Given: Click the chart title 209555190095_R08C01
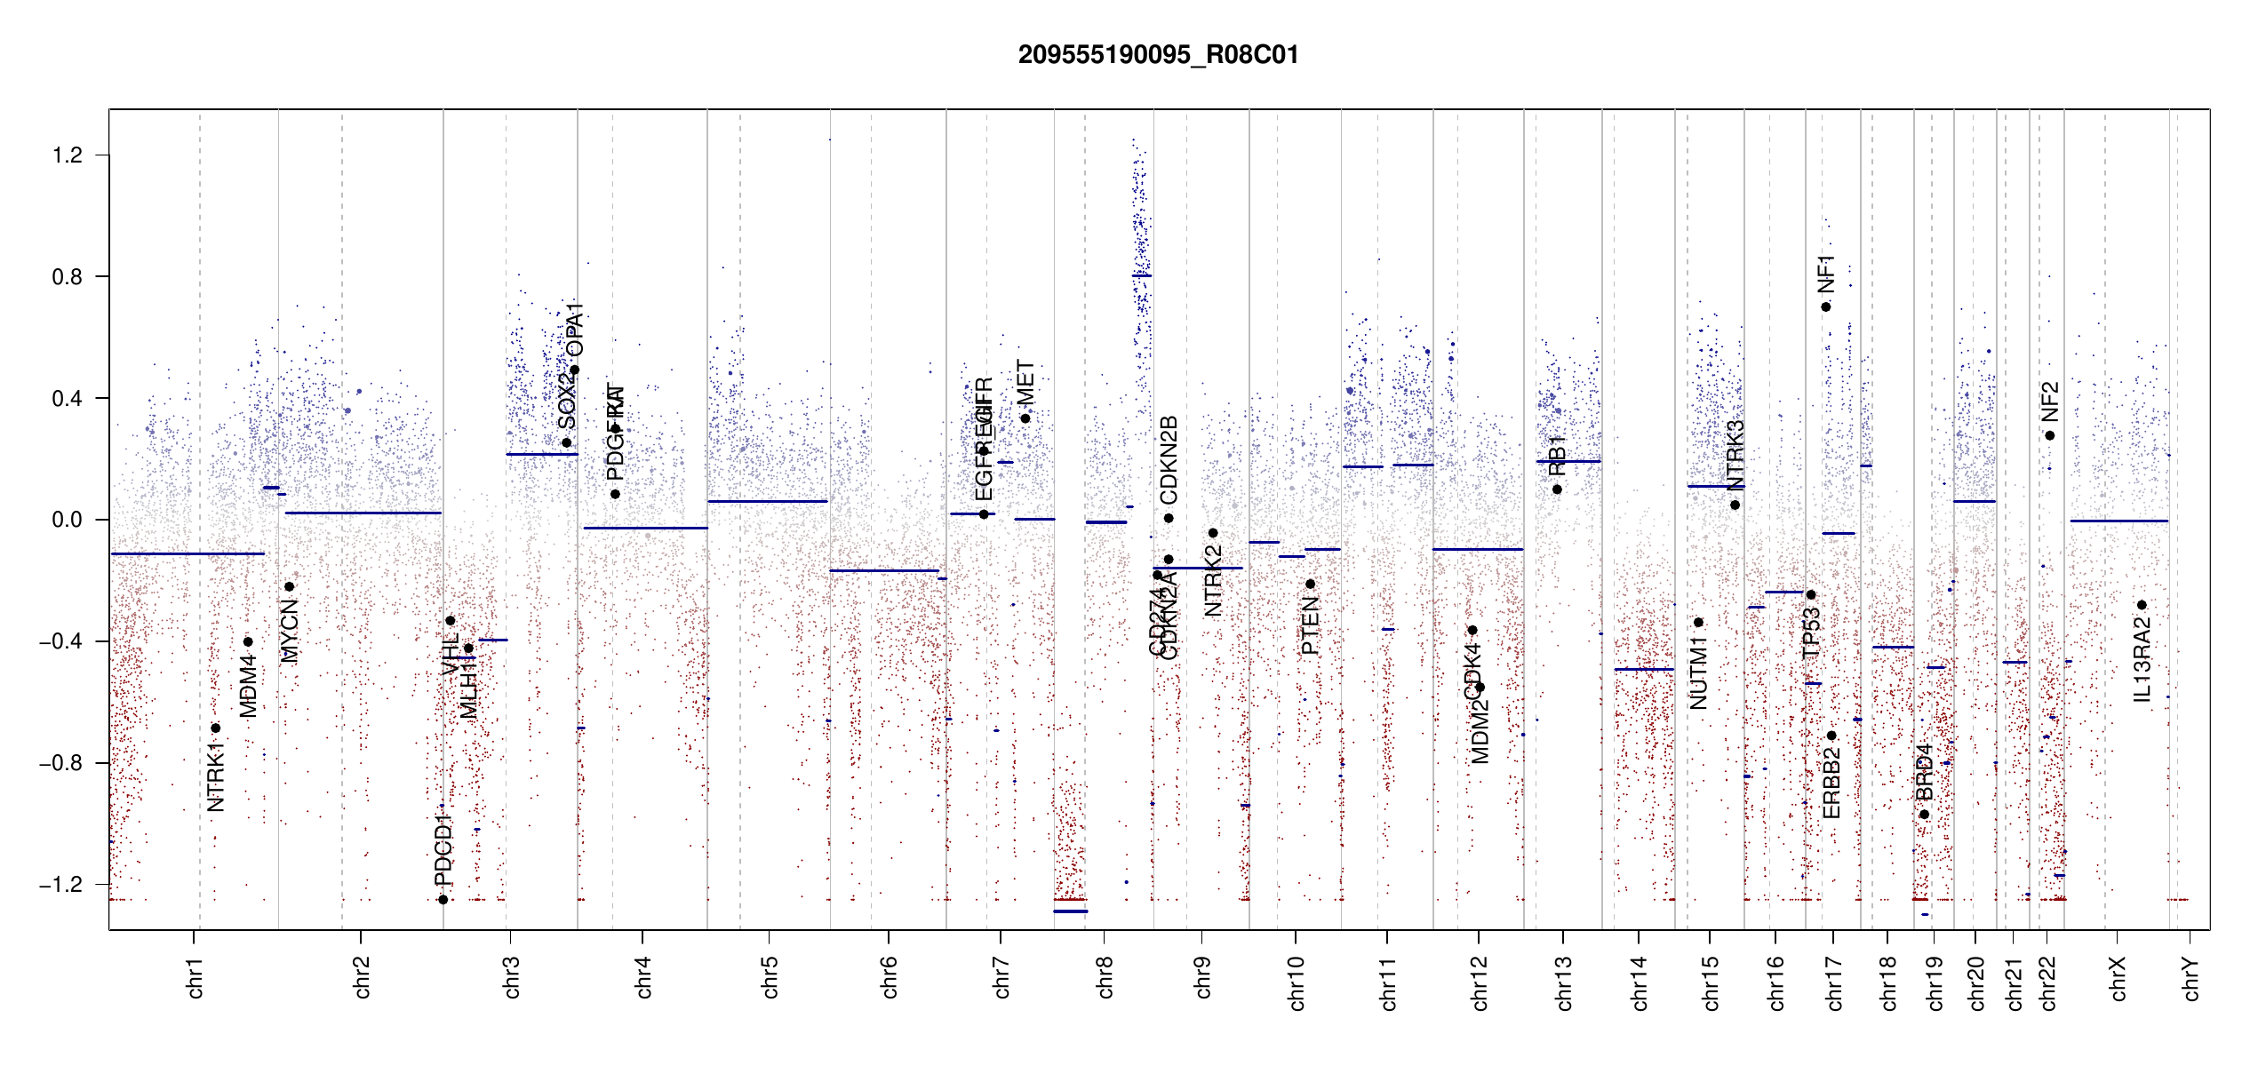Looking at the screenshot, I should (1158, 55).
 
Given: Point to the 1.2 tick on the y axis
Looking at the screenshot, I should (68, 155).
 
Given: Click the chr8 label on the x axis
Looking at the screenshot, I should (1105, 977).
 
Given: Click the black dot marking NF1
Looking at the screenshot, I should (1826, 307).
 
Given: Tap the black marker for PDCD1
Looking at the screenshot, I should (443, 900).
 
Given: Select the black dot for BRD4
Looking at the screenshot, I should (1924, 815).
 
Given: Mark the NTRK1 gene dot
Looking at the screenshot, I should (215, 728).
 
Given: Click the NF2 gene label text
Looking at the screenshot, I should (2049, 402).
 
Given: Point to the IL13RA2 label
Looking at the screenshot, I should (2142, 660).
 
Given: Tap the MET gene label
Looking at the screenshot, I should (1025, 383).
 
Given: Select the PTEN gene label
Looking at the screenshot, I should (1310, 625).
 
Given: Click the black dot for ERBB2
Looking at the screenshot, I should (1831, 736).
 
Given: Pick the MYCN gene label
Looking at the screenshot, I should (289, 631).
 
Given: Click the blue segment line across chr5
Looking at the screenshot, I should (768, 501).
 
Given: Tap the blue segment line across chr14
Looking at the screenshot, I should (1644, 669).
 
